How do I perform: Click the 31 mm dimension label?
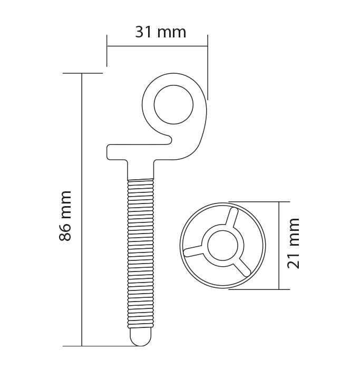[x=161, y=32]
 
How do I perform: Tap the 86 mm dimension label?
[x=65, y=216]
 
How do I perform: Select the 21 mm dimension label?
[x=293, y=244]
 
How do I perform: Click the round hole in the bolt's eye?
[x=173, y=104]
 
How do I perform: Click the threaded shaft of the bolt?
[x=141, y=254]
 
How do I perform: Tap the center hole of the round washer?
[x=222, y=246]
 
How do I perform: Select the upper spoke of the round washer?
[x=231, y=217]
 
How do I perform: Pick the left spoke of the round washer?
[x=193, y=251]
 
